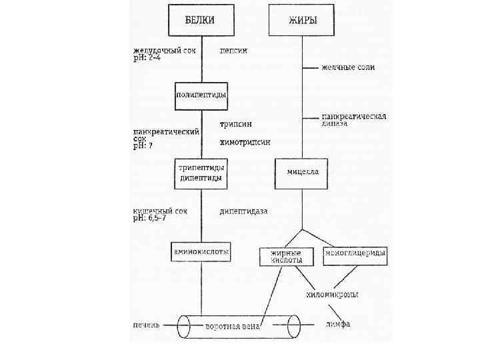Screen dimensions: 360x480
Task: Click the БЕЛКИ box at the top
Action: (200, 20)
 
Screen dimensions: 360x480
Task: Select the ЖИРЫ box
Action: (303, 20)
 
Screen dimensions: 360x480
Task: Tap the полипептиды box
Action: (201, 95)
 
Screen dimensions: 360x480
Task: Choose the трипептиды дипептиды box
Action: (201, 173)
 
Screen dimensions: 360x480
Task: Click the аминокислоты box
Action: (201, 252)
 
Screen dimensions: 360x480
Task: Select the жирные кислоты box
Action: (285, 257)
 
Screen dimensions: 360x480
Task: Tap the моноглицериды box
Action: (355, 254)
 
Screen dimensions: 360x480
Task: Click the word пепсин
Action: (234, 51)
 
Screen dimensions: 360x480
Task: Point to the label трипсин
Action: (236, 125)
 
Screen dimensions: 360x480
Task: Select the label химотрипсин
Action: (245, 142)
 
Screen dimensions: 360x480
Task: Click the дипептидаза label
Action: (243, 211)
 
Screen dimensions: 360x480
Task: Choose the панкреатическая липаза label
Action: (354, 119)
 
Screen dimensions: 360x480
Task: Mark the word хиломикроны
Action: (333, 294)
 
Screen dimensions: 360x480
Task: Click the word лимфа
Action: (339, 325)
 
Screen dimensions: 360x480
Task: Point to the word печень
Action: (147, 325)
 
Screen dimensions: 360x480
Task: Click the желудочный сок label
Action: (165, 51)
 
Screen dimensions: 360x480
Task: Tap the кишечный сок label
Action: (160, 211)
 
